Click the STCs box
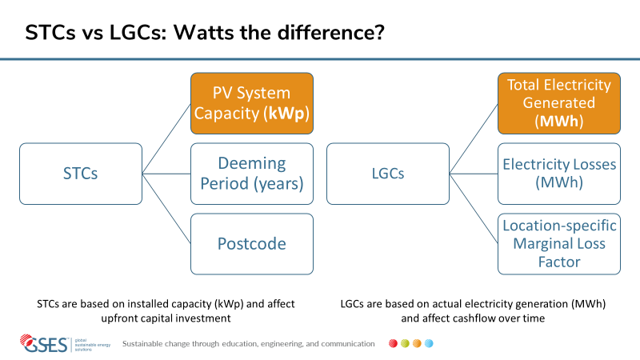[x=81, y=174]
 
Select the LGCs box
[x=388, y=174]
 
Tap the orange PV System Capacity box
[x=252, y=103]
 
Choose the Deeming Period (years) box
[x=252, y=174]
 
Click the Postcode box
[x=252, y=244]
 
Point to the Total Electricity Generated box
[x=559, y=103]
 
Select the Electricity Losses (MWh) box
[x=559, y=174]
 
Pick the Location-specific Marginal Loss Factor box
[x=559, y=244]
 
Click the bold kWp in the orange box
[x=286, y=114]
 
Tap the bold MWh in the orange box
[x=559, y=121]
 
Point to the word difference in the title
[x=331, y=32]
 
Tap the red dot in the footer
[x=393, y=343]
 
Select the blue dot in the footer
[x=429, y=343]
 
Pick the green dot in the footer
[x=405, y=343]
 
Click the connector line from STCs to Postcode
[x=166, y=209]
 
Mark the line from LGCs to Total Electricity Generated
[x=474, y=138]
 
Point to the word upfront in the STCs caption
[x=116, y=318]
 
